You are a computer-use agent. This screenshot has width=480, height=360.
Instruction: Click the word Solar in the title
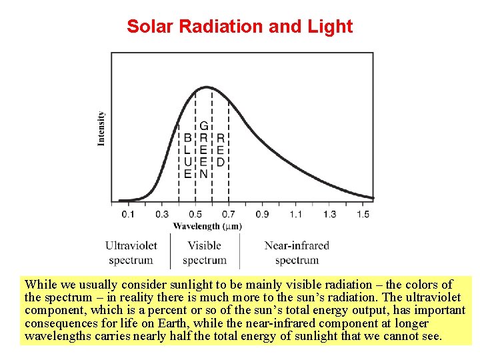[150, 26]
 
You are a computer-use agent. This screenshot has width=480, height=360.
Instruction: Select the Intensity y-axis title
[101, 129]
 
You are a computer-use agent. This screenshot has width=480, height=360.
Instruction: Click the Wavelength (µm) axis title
[207, 226]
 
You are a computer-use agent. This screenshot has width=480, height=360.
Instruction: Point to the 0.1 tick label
[128, 214]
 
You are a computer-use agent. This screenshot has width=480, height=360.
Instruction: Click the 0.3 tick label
[161, 214]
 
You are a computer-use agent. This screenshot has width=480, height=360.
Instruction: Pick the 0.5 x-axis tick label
[195, 214]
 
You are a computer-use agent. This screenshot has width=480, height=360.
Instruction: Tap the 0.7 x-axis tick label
[229, 214]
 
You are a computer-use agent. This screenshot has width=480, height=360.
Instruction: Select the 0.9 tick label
[263, 214]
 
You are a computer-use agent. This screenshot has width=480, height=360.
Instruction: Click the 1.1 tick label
[296, 214]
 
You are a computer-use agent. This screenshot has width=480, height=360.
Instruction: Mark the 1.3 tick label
[329, 214]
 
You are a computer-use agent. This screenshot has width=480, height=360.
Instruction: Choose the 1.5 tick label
[363, 214]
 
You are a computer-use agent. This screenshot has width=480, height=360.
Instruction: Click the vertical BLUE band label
[187, 156]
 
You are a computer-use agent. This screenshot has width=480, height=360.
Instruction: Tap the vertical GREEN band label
[204, 150]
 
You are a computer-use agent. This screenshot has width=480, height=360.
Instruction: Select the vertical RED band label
[221, 150]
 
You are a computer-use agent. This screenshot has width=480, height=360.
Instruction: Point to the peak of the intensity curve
[207, 87]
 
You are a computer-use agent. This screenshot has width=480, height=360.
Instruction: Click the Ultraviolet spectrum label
[131, 253]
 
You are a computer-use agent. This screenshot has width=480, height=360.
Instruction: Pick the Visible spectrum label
[205, 253]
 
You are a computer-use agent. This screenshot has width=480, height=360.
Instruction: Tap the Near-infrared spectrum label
[297, 253]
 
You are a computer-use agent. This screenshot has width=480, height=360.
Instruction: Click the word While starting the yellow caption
[41, 285]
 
